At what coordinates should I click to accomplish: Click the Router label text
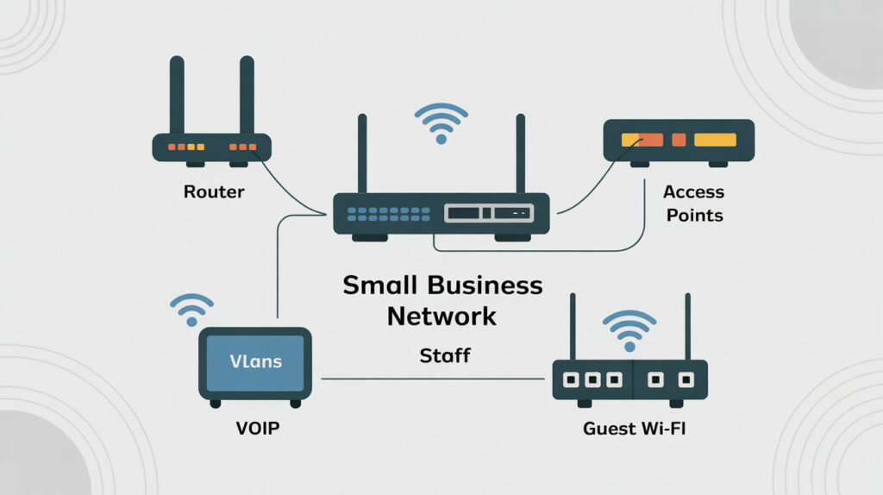point(214,191)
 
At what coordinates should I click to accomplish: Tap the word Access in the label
point(694,191)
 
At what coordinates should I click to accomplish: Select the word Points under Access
point(694,214)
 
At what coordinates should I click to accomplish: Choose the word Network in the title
point(441,315)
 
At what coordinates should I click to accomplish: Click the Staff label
point(444,354)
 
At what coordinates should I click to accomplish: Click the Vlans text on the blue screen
point(255,361)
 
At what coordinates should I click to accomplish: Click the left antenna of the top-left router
point(177,95)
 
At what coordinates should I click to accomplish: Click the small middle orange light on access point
point(677,140)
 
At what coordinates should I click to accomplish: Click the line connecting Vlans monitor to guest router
point(435,378)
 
